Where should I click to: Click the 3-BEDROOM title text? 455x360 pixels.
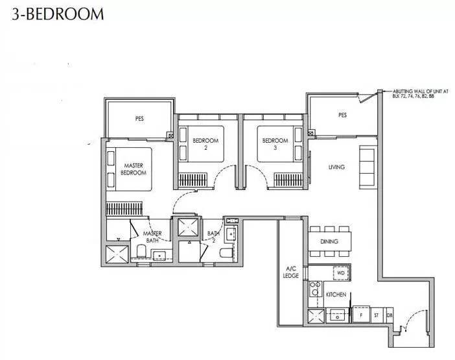[x=58, y=14]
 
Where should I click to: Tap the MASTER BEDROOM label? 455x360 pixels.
[x=134, y=169]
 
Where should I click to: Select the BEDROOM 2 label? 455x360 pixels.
[x=205, y=144]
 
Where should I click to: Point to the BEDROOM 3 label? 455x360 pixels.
[x=275, y=144]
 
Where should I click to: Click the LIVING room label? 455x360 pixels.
[x=336, y=167]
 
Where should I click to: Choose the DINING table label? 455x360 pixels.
[x=329, y=241]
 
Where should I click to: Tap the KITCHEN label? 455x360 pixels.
[x=336, y=294]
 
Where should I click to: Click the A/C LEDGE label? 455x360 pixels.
[x=291, y=272]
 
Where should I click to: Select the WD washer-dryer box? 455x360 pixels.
[x=341, y=273]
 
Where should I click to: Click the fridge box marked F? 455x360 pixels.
[x=361, y=315]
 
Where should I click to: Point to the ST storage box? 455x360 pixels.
[x=377, y=315]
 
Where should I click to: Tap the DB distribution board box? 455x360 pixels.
[x=390, y=315]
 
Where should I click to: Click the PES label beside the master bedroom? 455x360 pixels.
[x=139, y=119]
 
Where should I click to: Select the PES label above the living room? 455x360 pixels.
[x=342, y=115]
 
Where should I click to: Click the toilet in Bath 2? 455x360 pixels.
[x=226, y=253]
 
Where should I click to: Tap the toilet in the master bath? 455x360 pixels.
[x=141, y=251]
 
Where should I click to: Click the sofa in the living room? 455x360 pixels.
[x=367, y=167]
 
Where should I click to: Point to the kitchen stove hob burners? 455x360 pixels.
[x=316, y=289]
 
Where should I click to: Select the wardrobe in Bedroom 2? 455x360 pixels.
[x=192, y=180]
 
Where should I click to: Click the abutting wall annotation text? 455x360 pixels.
[x=421, y=93]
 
